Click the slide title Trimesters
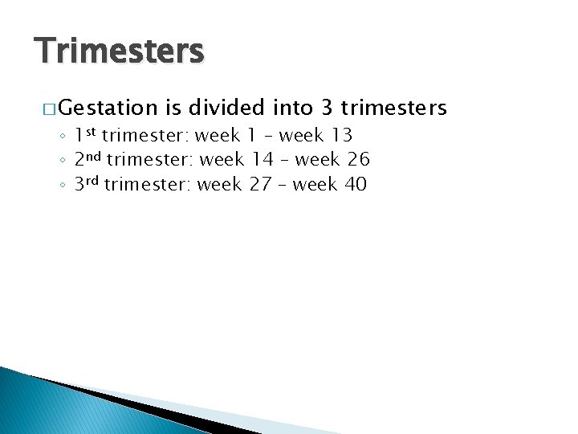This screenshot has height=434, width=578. tap(120, 51)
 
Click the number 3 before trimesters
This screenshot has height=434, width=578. tap(326, 108)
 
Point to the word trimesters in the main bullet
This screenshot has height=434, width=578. tap(393, 108)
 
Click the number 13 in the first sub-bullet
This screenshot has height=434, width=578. tap(340, 135)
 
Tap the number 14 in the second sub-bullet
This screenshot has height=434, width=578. tap(262, 160)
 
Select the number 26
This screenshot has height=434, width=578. tap(358, 160)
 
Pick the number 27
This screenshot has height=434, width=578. tap(260, 185)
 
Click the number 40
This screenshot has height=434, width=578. tap(356, 185)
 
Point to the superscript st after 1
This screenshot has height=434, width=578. tap(92, 131)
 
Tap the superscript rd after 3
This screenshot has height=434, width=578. tap(95, 181)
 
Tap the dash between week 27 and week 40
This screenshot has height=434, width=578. tap(282, 186)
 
